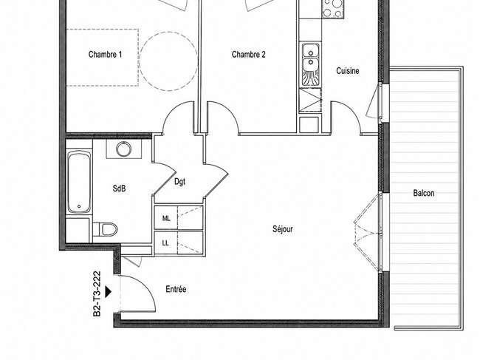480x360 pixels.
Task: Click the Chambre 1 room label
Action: pos(105,55)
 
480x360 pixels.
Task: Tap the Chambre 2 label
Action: pos(248,55)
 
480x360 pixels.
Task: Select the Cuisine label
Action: pos(348,71)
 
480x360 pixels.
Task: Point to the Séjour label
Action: pos(283,229)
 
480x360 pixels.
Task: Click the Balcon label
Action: pos(424,193)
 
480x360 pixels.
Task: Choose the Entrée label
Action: pos(176,289)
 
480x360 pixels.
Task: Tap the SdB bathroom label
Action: pos(119,189)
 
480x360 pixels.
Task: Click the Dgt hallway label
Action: pos(179,182)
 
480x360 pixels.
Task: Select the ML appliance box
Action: pos(166,218)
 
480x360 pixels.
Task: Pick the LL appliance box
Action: pos(166,243)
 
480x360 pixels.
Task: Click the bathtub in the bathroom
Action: pos(79,182)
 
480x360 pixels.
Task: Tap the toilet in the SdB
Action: pos(106,229)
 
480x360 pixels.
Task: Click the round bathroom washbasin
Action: pos(123,149)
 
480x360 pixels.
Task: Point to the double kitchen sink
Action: pos(311,64)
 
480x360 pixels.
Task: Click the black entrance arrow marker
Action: pos(108,292)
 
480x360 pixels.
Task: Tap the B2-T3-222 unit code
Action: pos(97,293)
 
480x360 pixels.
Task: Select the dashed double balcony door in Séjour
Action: pos(368,233)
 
